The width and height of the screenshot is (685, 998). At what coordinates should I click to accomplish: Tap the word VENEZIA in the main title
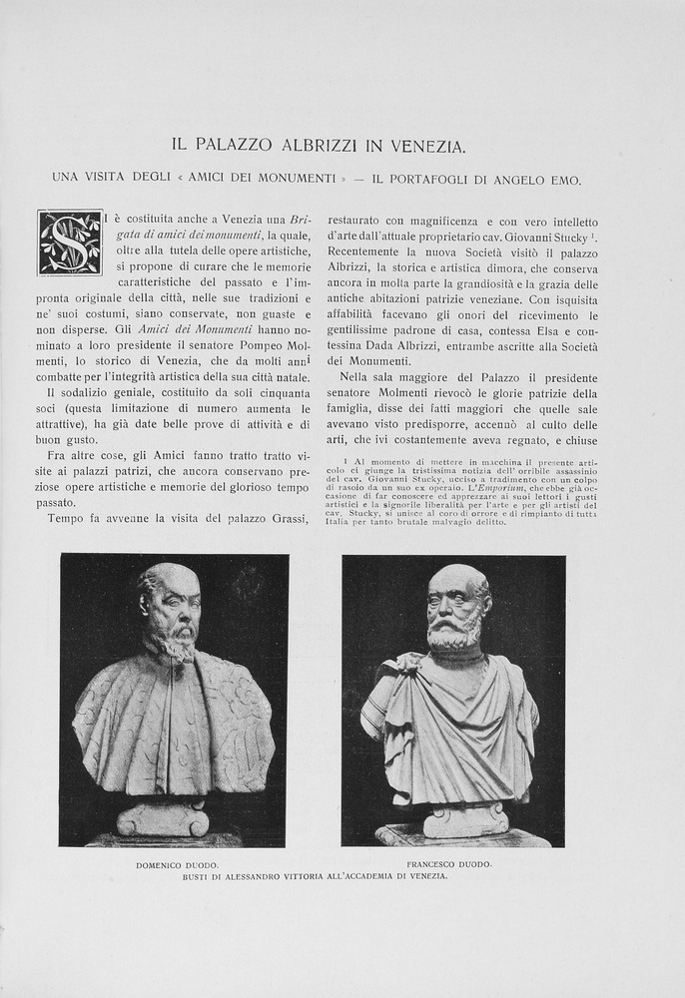[426, 146]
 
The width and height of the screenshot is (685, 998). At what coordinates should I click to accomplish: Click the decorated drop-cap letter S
[70, 243]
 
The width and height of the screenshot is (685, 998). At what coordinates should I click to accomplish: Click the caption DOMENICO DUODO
[178, 864]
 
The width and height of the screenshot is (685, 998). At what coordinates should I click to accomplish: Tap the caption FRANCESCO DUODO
[449, 863]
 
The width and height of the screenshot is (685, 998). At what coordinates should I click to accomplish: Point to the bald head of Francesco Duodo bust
[456, 578]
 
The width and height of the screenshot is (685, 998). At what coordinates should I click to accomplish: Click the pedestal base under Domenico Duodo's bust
[162, 820]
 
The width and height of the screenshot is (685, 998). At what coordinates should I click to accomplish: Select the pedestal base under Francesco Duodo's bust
[464, 820]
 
